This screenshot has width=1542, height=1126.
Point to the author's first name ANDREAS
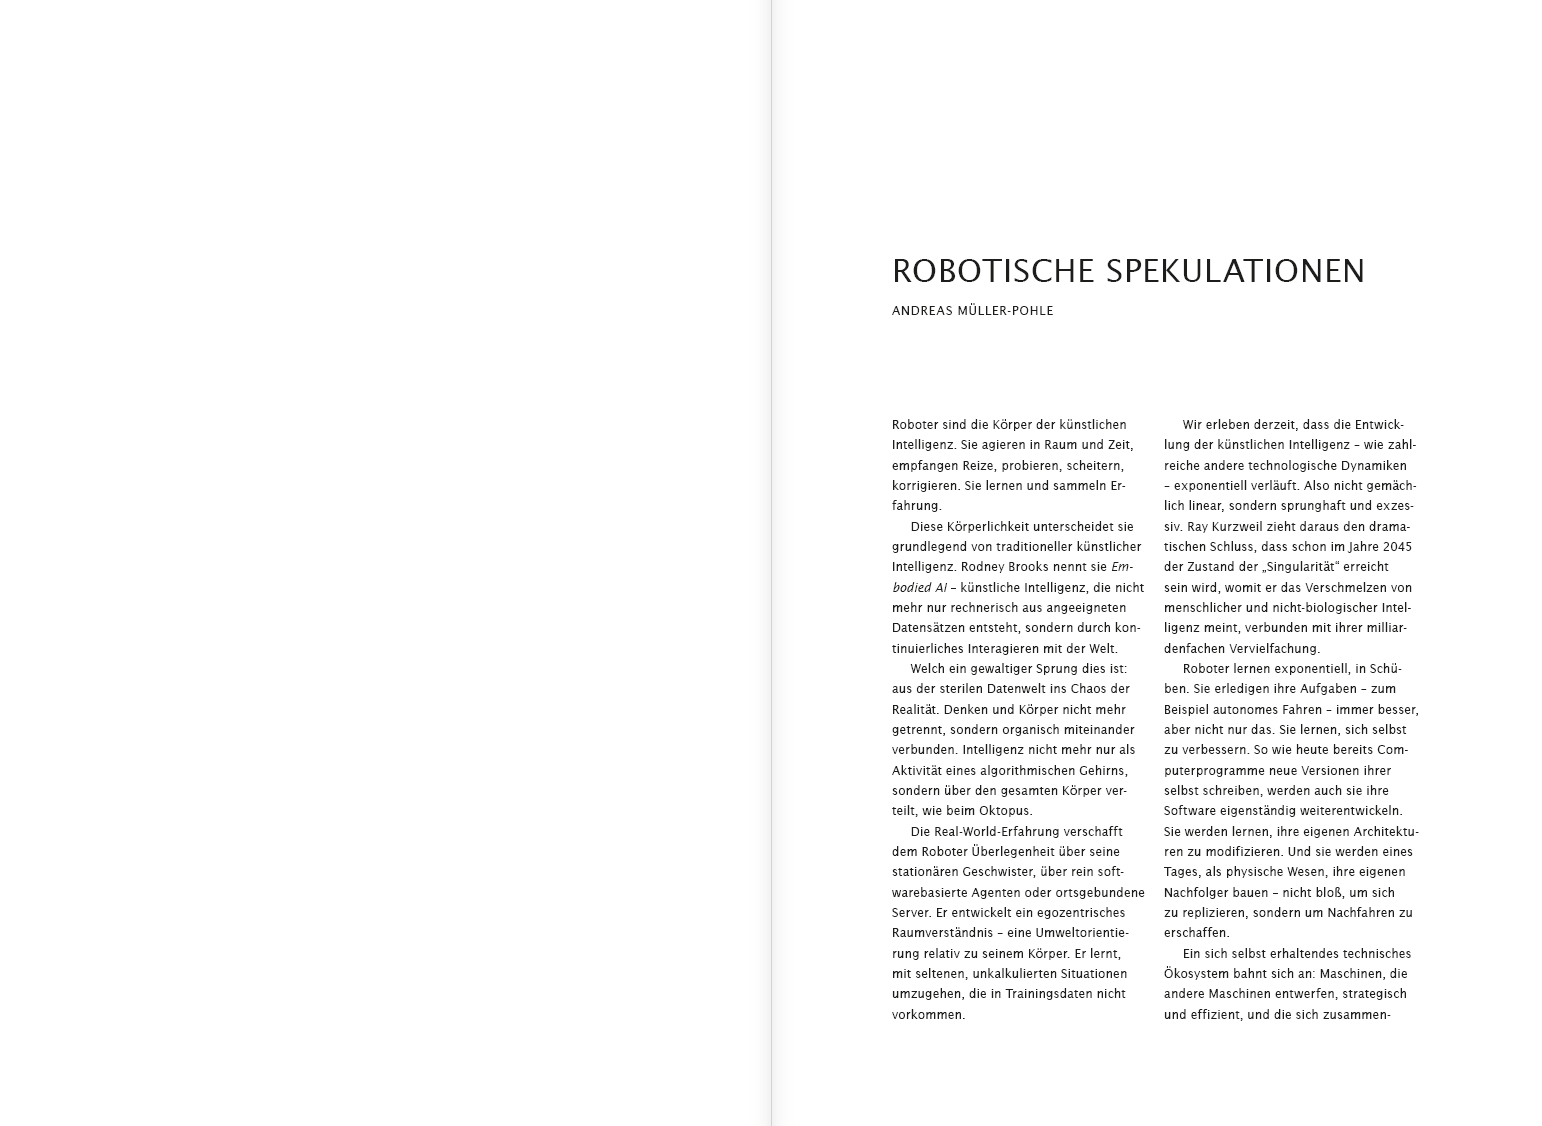(921, 311)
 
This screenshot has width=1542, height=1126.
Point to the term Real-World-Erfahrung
(998, 832)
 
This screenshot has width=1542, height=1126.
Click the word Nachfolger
(1197, 893)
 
